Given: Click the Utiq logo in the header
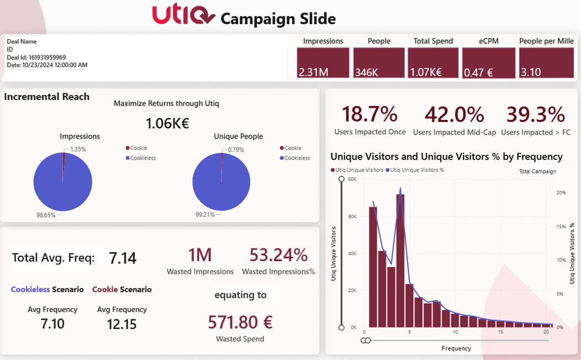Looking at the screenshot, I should [183, 15].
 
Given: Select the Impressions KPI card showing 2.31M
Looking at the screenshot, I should [323, 62].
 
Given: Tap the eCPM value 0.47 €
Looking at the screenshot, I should [478, 72].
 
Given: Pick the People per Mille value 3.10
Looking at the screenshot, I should [531, 72].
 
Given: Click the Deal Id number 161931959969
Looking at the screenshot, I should [47, 57].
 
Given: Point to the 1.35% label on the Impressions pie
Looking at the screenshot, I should [78, 150].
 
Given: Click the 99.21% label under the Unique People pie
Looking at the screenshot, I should [205, 214].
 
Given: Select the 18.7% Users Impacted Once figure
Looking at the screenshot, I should [369, 114].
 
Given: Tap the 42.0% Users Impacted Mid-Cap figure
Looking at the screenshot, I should [454, 114].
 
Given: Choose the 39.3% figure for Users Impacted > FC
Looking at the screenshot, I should [535, 114].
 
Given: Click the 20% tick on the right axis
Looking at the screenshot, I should [561, 193].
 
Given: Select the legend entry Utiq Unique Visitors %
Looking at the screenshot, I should [417, 170].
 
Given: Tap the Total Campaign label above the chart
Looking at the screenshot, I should [537, 172].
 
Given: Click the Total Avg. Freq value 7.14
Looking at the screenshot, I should [122, 258].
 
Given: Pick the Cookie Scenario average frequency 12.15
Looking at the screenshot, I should [121, 324].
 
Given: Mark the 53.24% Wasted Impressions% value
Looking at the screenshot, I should [278, 255].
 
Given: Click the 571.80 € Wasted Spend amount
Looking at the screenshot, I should [240, 322].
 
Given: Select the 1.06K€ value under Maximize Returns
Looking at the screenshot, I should [167, 124].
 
